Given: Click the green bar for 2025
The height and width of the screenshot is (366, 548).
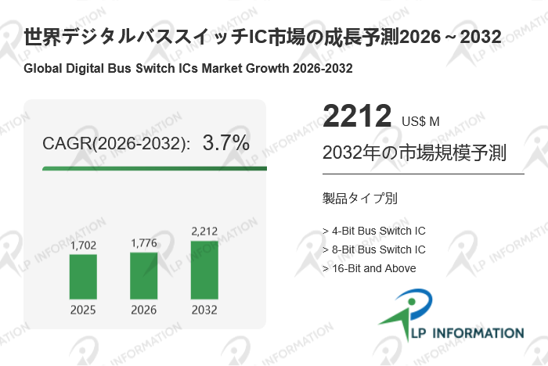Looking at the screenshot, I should tap(84, 276).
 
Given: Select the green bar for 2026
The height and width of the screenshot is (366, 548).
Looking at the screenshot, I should tap(143, 275).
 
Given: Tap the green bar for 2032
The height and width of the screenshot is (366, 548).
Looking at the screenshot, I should tap(204, 269).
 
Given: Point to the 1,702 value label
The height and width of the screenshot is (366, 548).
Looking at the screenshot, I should tap(84, 246).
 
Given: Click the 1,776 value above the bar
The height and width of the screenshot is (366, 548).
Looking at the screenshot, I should tap(143, 243).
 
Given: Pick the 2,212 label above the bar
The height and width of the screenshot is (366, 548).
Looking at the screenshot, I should tap(204, 231).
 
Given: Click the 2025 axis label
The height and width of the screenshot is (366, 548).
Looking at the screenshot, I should tap(84, 310).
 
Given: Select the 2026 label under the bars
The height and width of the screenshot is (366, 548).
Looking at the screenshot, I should tap(143, 310).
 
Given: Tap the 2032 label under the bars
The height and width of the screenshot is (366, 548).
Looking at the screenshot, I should tap(204, 310).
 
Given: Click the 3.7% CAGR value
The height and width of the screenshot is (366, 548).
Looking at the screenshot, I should tap(226, 143).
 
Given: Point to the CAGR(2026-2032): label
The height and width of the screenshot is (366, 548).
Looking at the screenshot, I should tap(116, 144).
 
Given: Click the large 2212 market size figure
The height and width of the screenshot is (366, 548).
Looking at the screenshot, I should tap(357, 117).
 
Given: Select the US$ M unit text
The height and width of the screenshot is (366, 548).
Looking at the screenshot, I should tap(421, 121).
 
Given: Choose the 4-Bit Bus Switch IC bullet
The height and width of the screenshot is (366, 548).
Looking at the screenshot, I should tap(374, 231).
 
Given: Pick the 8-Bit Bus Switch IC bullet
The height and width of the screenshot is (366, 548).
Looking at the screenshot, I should tap(374, 249).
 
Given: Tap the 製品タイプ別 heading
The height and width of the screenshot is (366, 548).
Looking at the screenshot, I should tap(359, 199).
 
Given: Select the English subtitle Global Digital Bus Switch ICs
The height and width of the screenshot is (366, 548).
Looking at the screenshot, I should tap(188, 68).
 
